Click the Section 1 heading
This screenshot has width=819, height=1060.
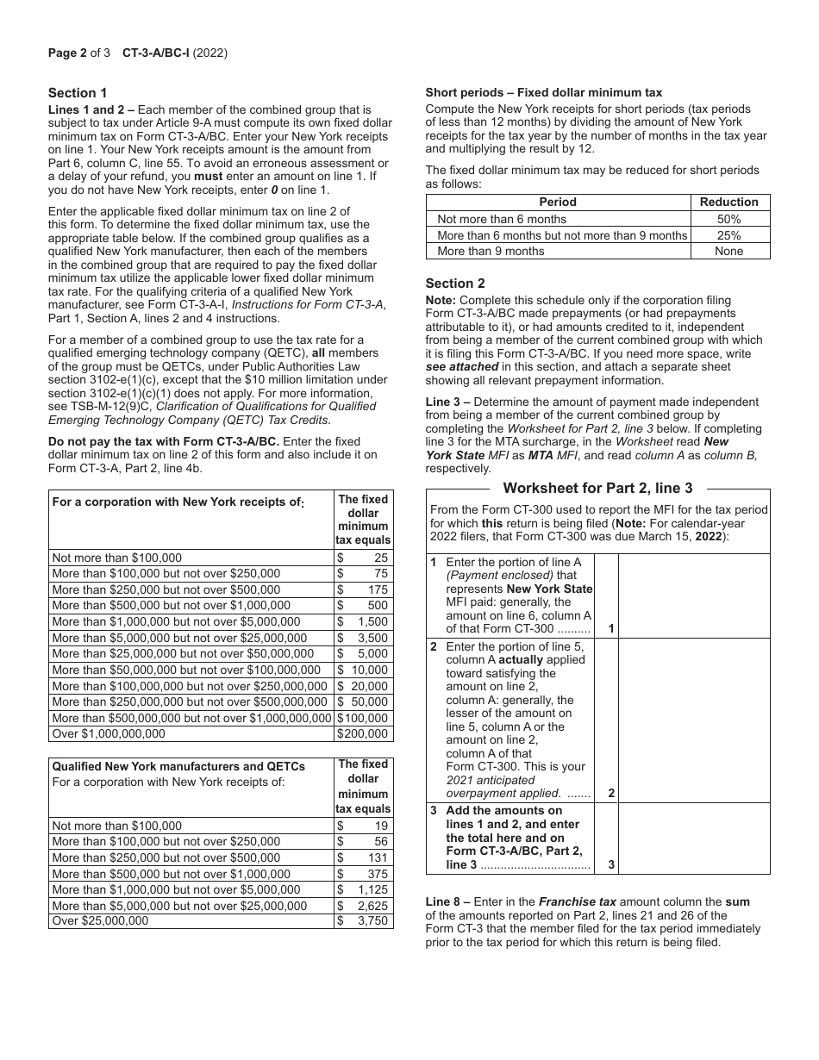tap(78, 93)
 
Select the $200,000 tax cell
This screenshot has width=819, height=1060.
tap(363, 734)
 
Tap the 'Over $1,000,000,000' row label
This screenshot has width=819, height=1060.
tap(109, 734)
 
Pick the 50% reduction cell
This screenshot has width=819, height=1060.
tap(729, 219)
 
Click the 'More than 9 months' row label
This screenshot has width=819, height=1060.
tap(491, 251)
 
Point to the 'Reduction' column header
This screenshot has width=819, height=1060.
tap(729, 203)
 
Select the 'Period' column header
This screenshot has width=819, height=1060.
tap(558, 203)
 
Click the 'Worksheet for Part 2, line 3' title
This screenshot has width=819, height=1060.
tap(597, 488)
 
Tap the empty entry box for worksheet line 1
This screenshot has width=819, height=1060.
tap(694, 595)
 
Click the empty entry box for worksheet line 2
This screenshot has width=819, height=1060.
tap(694, 720)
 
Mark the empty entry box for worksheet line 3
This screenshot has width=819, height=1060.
tap(694, 839)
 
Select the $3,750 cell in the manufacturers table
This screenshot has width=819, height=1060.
tap(363, 920)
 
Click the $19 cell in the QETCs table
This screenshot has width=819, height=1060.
tap(363, 826)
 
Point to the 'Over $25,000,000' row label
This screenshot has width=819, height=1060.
tap(100, 920)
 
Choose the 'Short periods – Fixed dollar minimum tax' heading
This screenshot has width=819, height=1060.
tap(544, 93)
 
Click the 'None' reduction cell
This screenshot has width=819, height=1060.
tap(729, 251)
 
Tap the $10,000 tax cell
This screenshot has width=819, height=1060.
tap(363, 670)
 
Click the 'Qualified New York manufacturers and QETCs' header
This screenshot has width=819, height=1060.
tap(178, 766)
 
